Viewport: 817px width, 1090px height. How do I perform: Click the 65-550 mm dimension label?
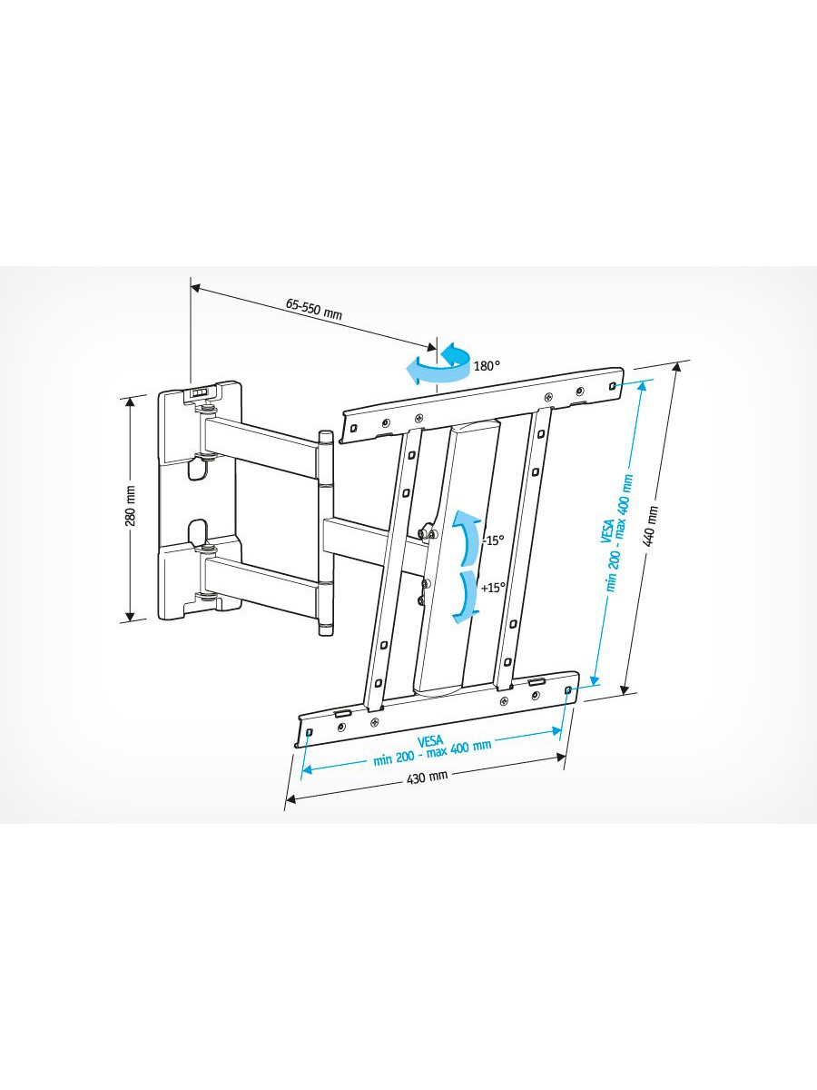(314, 310)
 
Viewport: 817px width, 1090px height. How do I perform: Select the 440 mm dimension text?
(651, 524)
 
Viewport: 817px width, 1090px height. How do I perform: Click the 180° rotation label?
(487, 366)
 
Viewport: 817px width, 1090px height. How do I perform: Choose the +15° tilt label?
(493, 588)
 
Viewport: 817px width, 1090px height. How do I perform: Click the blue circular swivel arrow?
(438, 365)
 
